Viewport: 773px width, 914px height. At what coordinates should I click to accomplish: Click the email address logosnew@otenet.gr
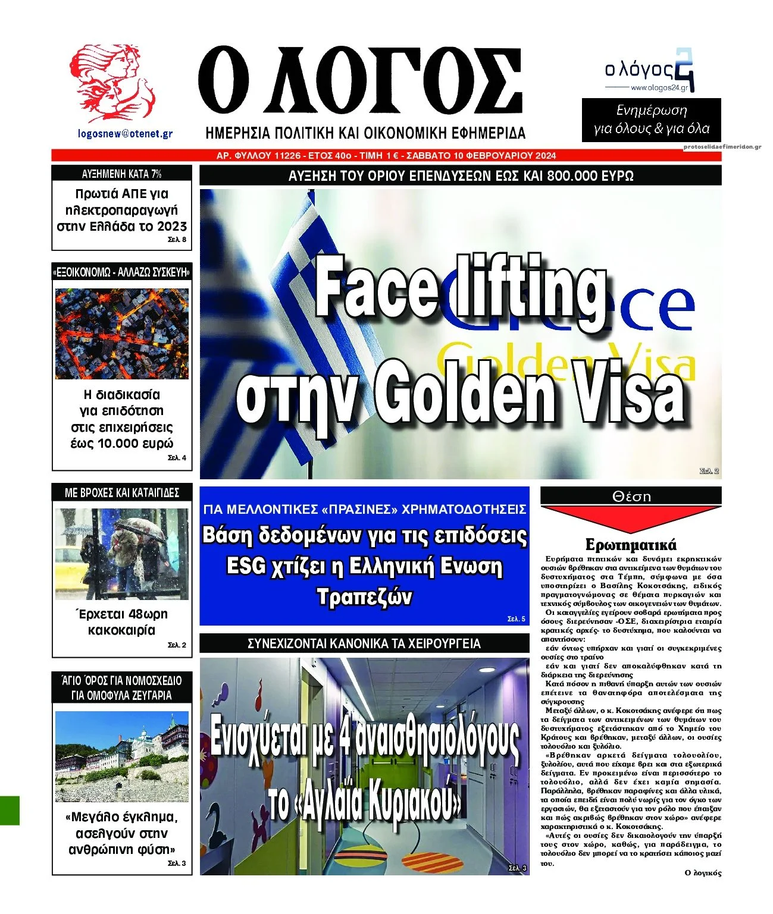126,134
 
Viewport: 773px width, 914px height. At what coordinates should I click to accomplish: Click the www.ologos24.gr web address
659,88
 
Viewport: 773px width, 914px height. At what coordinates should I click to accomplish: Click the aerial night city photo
122,334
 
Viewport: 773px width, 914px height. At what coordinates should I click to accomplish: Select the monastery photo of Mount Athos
122,756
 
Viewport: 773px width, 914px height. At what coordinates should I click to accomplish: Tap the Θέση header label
631,496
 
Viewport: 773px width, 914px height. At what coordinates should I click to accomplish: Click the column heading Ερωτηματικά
631,544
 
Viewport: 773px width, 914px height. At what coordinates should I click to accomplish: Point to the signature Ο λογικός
703,873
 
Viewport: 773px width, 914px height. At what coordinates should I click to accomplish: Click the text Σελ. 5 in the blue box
516,619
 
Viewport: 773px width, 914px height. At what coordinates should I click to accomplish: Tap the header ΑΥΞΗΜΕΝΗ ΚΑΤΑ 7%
122,174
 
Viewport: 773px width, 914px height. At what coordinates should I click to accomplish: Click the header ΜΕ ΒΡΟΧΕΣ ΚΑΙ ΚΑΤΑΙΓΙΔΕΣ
122,492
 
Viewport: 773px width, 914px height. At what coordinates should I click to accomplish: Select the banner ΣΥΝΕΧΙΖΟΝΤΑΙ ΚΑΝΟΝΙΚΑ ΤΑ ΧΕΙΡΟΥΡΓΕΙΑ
364,643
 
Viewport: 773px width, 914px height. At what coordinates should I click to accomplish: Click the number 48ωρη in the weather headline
147,614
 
